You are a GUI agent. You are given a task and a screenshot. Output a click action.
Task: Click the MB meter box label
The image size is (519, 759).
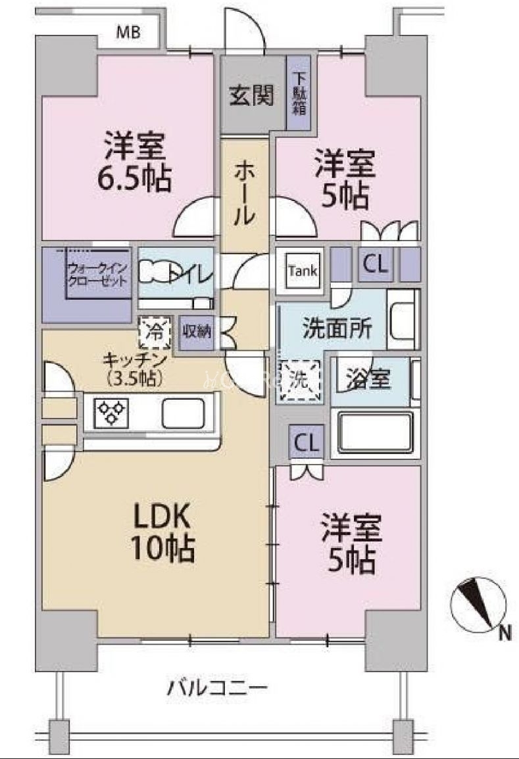coord(128,32)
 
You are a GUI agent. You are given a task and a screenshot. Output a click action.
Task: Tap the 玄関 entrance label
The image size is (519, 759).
coord(251,97)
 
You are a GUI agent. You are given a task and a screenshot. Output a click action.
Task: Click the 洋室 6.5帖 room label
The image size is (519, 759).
coord(137,162)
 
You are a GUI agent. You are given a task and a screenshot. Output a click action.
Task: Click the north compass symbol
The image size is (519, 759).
coord(478,601)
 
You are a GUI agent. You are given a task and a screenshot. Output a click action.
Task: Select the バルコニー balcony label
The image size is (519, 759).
coord(217,689)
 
